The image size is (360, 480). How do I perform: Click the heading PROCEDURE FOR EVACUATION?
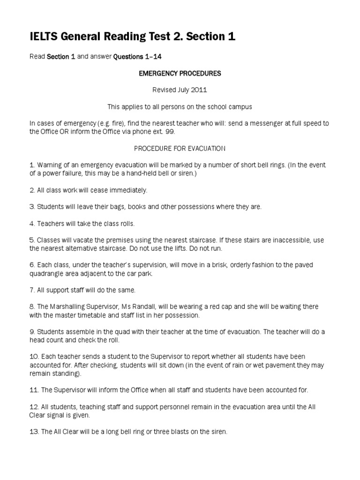tap(180, 149)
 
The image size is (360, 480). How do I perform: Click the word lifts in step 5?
tap(184, 248)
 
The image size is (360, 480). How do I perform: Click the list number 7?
tap(32, 290)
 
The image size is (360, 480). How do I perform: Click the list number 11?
tap(34, 390)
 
